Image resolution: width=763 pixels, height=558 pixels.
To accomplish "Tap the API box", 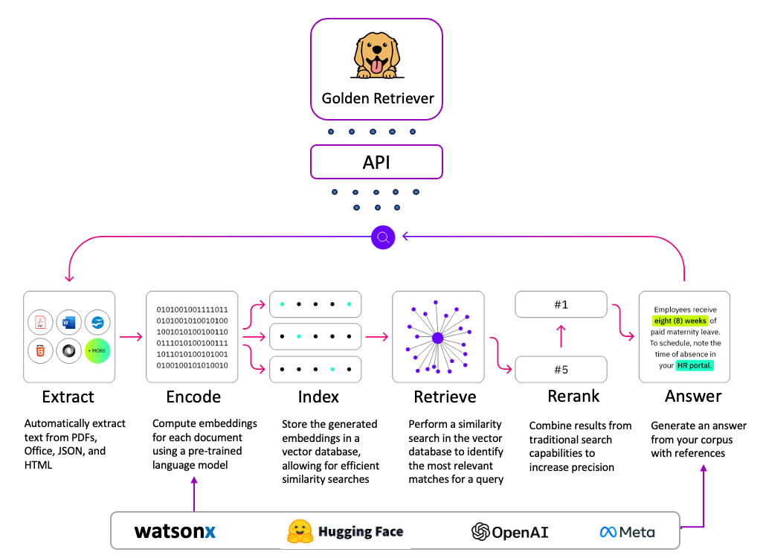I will pyautogui.click(x=376, y=161).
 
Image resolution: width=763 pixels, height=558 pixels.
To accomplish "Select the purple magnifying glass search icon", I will pyautogui.click(x=382, y=237).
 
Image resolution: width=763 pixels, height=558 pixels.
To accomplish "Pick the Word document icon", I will pyautogui.click(x=69, y=323).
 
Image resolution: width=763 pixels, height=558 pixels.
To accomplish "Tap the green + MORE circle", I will pyautogui.click(x=97, y=350).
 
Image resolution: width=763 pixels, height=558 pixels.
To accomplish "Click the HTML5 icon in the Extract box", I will pyautogui.click(x=42, y=350).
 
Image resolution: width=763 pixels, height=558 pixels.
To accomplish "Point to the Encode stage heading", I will pyautogui.click(x=193, y=396).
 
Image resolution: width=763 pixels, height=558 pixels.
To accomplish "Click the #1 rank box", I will pyautogui.click(x=561, y=304).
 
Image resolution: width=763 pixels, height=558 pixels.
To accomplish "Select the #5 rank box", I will pyautogui.click(x=561, y=369).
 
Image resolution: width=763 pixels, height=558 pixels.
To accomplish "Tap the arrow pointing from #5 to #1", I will pyautogui.click(x=561, y=337).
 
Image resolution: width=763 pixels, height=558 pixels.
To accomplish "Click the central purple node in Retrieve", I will pyautogui.click(x=437, y=338).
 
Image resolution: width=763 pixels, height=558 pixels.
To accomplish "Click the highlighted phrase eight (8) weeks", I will pyautogui.click(x=680, y=321).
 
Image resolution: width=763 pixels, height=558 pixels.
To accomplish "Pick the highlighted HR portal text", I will pyautogui.click(x=695, y=365).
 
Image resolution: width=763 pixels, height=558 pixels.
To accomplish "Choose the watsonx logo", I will pyautogui.click(x=175, y=531).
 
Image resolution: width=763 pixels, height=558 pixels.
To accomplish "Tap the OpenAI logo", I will pyautogui.click(x=510, y=531).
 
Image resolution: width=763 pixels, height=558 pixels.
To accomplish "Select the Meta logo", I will pyautogui.click(x=627, y=531).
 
